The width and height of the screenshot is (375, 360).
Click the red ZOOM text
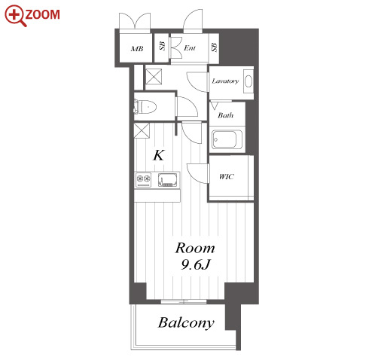click(42, 14)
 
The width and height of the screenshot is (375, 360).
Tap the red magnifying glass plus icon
click(15, 15)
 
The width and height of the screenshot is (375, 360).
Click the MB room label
click(137, 48)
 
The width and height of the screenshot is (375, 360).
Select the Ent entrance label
click(190, 47)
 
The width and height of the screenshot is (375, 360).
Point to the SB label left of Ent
click(163, 46)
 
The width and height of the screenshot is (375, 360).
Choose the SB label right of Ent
click(214, 47)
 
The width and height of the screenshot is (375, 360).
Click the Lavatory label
click(225, 81)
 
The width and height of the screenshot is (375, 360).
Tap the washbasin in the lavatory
click(248, 81)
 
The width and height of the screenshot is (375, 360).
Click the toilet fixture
click(145, 107)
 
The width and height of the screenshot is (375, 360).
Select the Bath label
click(225, 115)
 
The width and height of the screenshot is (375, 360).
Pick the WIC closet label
click(227, 177)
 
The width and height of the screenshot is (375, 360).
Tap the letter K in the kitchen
click(159, 155)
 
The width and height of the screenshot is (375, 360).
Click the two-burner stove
click(144, 180)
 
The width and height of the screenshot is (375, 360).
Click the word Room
click(195, 249)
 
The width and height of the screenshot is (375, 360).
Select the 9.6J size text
click(195, 264)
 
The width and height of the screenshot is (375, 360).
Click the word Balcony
click(186, 323)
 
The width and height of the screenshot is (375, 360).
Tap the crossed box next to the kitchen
click(142, 130)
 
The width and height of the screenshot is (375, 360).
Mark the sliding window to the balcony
click(184, 301)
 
